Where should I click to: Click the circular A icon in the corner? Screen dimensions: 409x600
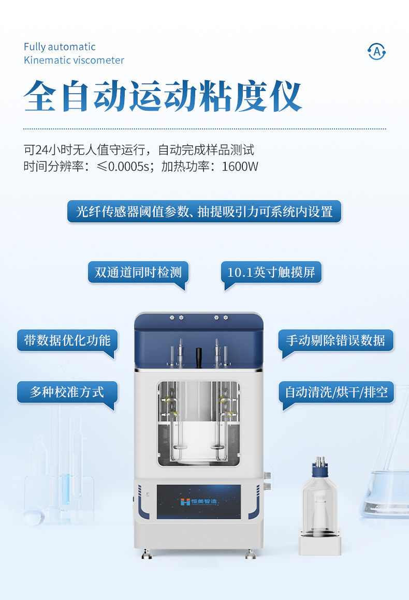(376, 51)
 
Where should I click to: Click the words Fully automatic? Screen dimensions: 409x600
(60, 47)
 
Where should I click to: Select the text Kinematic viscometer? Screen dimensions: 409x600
(74, 60)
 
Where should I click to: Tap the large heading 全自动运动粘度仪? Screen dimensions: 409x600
(163, 96)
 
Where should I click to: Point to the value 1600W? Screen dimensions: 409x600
(240, 167)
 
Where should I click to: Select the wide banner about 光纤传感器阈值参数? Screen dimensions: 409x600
(204, 211)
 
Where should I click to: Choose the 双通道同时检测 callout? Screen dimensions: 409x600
(138, 273)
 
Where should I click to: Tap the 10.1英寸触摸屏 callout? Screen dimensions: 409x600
(271, 273)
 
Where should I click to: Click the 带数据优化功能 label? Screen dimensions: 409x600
(67, 340)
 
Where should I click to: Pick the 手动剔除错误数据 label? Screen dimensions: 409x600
(335, 340)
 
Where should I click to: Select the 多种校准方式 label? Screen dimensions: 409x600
(67, 392)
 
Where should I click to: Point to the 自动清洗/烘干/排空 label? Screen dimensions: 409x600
(336, 392)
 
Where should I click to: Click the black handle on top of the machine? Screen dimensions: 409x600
(199, 356)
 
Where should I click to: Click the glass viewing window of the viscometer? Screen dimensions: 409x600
(199, 423)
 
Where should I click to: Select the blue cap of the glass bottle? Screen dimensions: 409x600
(320, 470)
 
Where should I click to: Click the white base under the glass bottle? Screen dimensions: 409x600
(320, 542)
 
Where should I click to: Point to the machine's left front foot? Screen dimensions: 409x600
(147, 553)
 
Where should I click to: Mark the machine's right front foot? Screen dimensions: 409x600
(251, 553)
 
